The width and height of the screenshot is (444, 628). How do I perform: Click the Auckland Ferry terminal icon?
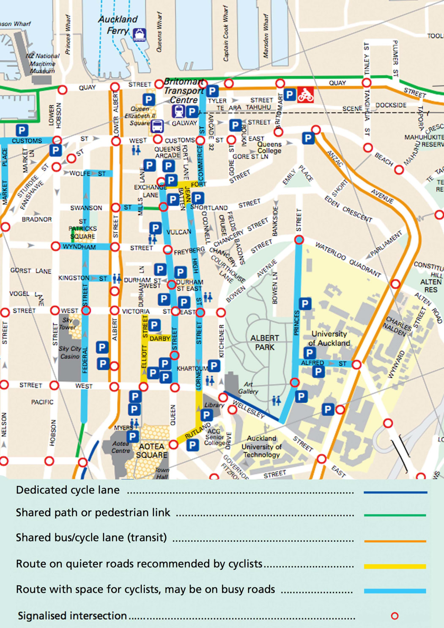point(139,35)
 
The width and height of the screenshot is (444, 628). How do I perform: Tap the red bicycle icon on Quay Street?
point(305,95)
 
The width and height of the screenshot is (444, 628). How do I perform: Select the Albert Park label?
point(265,343)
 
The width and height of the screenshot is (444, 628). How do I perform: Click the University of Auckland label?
point(329,338)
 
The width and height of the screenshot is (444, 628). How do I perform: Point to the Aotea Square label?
point(152,451)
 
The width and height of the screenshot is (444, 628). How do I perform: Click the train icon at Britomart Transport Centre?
point(178,112)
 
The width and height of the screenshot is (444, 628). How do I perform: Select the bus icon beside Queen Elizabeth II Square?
point(157,126)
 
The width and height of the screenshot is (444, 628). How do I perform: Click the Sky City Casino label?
point(70,352)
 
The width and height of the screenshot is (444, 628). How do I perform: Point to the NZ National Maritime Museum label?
point(42,63)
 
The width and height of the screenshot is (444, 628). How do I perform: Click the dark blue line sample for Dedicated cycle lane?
point(395,492)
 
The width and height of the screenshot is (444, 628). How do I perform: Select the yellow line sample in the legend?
point(395,566)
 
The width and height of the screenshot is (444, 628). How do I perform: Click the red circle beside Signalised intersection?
point(395,616)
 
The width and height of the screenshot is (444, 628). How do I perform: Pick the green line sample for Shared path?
point(395,515)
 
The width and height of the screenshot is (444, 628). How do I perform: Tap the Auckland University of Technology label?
point(261,447)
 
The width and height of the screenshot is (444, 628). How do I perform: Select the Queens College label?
point(269,148)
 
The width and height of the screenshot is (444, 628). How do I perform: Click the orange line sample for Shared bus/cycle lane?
point(395,541)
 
